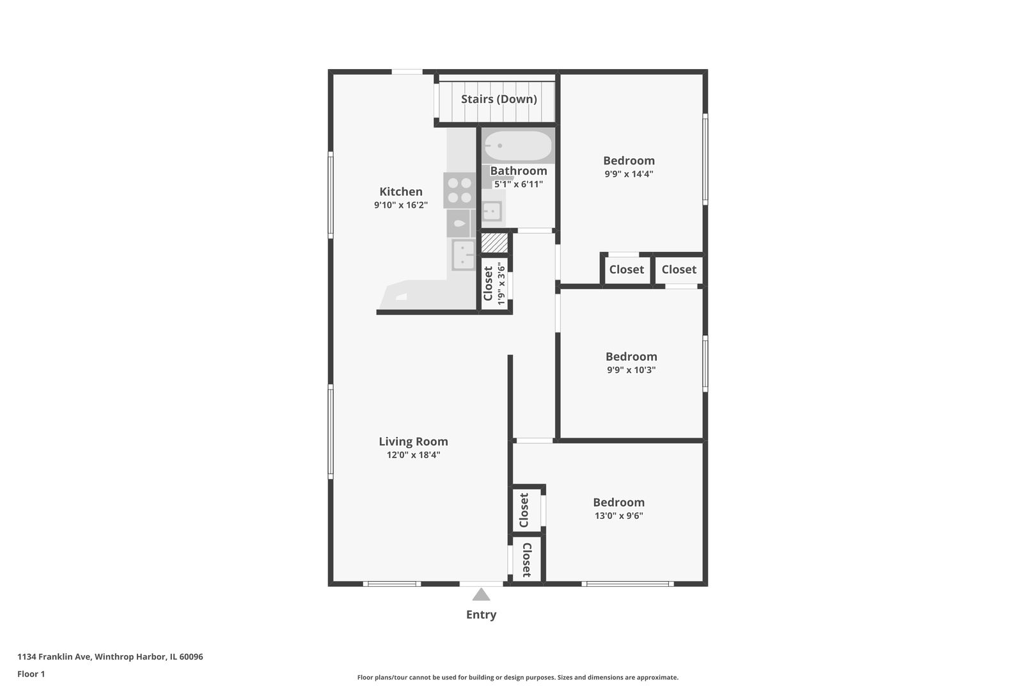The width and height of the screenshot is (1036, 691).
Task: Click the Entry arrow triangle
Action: [x=481, y=594]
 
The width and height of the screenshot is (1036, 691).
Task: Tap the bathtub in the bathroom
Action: [x=518, y=146]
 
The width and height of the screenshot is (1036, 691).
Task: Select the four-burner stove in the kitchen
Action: [x=460, y=190]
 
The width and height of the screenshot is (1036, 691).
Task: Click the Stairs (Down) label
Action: [x=499, y=99]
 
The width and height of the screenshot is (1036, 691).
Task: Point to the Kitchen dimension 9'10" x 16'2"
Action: [x=401, y=205]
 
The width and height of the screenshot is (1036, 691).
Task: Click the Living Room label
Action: [x=414, y=441]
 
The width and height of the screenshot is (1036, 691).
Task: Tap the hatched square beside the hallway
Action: [x=494, y=243]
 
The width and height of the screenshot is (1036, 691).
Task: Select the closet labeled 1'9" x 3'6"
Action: [x=494, y=283]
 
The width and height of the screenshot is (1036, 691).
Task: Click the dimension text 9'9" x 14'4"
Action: [x=629, y=174]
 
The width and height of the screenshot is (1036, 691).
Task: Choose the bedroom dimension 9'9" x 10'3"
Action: [x=631, y=370]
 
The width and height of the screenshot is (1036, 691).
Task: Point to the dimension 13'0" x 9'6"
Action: [x=619, y=516]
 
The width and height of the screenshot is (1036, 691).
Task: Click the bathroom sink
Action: [x=492, y=212]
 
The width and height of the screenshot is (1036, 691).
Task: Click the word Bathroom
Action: [x=519, y=171]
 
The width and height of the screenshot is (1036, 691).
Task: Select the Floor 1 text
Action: [x=31, y=674]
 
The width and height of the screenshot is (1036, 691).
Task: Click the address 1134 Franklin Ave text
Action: [x=110, y=656]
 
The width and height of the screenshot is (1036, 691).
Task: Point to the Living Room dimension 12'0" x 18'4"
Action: [x=414, y=455]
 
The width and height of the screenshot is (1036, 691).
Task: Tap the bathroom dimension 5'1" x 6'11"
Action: [x=519, y=184]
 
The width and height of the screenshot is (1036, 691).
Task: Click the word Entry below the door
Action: [x=481, y=615]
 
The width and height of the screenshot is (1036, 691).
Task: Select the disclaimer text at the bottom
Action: [x=517, y=678]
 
